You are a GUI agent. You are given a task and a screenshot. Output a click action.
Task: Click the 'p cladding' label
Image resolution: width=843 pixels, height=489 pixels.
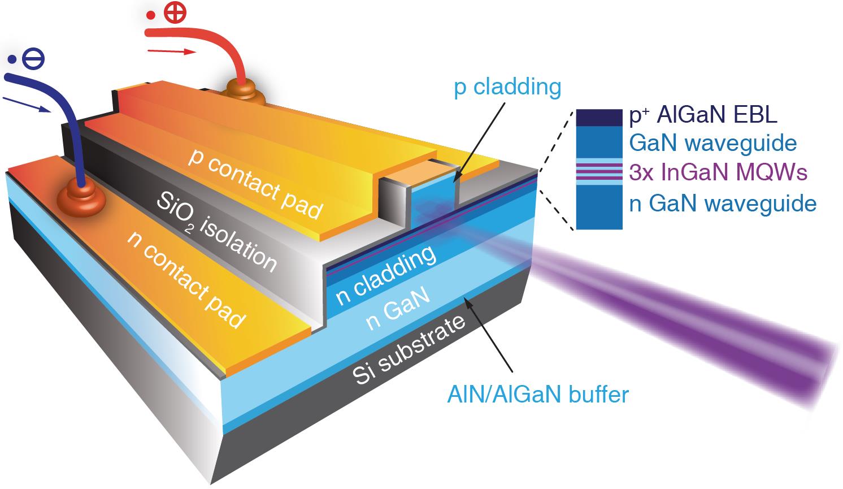(x=507, y=88)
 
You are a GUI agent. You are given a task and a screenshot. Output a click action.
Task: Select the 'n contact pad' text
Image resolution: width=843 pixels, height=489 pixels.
(x=186, y=280)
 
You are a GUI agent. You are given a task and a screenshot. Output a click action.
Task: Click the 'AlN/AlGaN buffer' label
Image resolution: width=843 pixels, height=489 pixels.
(x=537, y=394)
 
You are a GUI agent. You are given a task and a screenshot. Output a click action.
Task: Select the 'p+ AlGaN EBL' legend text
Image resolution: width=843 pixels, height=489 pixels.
(x=703, y=115)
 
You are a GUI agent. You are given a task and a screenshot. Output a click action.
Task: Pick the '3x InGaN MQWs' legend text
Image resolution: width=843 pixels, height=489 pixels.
(x=718, y=172)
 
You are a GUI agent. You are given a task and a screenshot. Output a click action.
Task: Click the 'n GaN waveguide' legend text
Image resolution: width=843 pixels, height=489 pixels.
(x=723, y=204)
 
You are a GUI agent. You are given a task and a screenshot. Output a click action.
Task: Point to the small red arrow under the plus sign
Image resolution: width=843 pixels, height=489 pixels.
(x=172, y=52)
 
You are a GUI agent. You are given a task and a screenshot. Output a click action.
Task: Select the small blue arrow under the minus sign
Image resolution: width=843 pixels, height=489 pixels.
(x=27, y=105)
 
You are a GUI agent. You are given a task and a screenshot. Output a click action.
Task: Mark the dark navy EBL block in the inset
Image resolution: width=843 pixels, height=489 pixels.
(x=599, y=116)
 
